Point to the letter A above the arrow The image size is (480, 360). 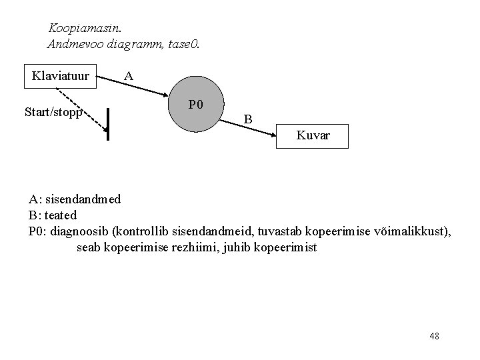click(x=129, y=77)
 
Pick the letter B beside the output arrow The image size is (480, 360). click(x=247, y=119)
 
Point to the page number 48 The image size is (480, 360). click(x=435, y=336)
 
